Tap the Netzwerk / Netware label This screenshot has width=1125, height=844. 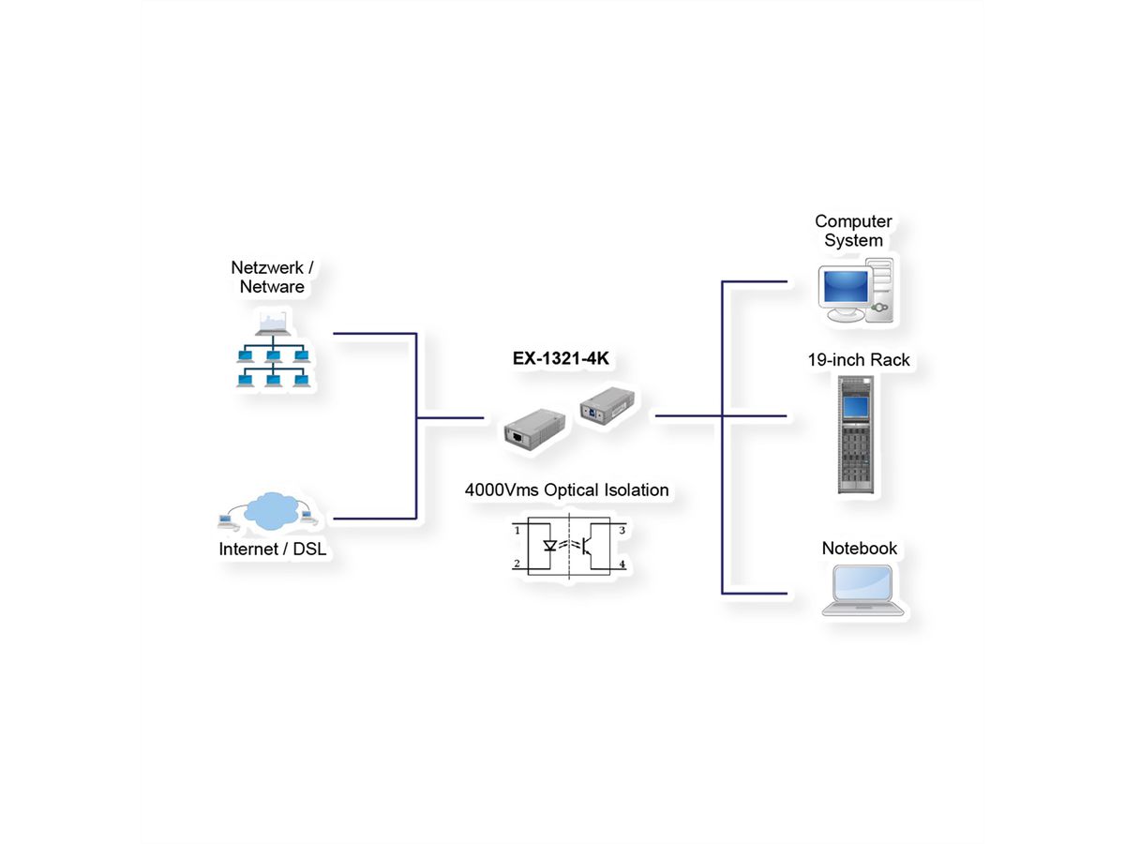click(x=272, y=278)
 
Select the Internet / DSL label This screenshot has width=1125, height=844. click(x=272, y=550)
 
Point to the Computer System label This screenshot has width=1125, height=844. click(x=853, y=231)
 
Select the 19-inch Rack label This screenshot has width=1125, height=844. click(x=859, y=360)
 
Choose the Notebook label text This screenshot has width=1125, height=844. click(x=860, y=549)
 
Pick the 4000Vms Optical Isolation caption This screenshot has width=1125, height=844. click(x=566, y=490)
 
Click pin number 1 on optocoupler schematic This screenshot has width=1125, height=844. click(x=517, y=531)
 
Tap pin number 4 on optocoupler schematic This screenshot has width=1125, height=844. click(x=622, y=565)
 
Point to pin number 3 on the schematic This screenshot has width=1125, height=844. click(x=622, y=531)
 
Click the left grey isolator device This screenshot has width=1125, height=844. click(x=532, y=428)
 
